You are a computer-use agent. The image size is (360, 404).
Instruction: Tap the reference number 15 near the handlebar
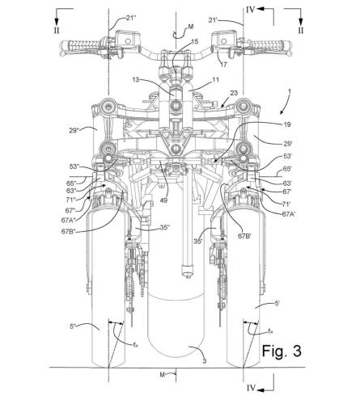(x=193, y=40)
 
